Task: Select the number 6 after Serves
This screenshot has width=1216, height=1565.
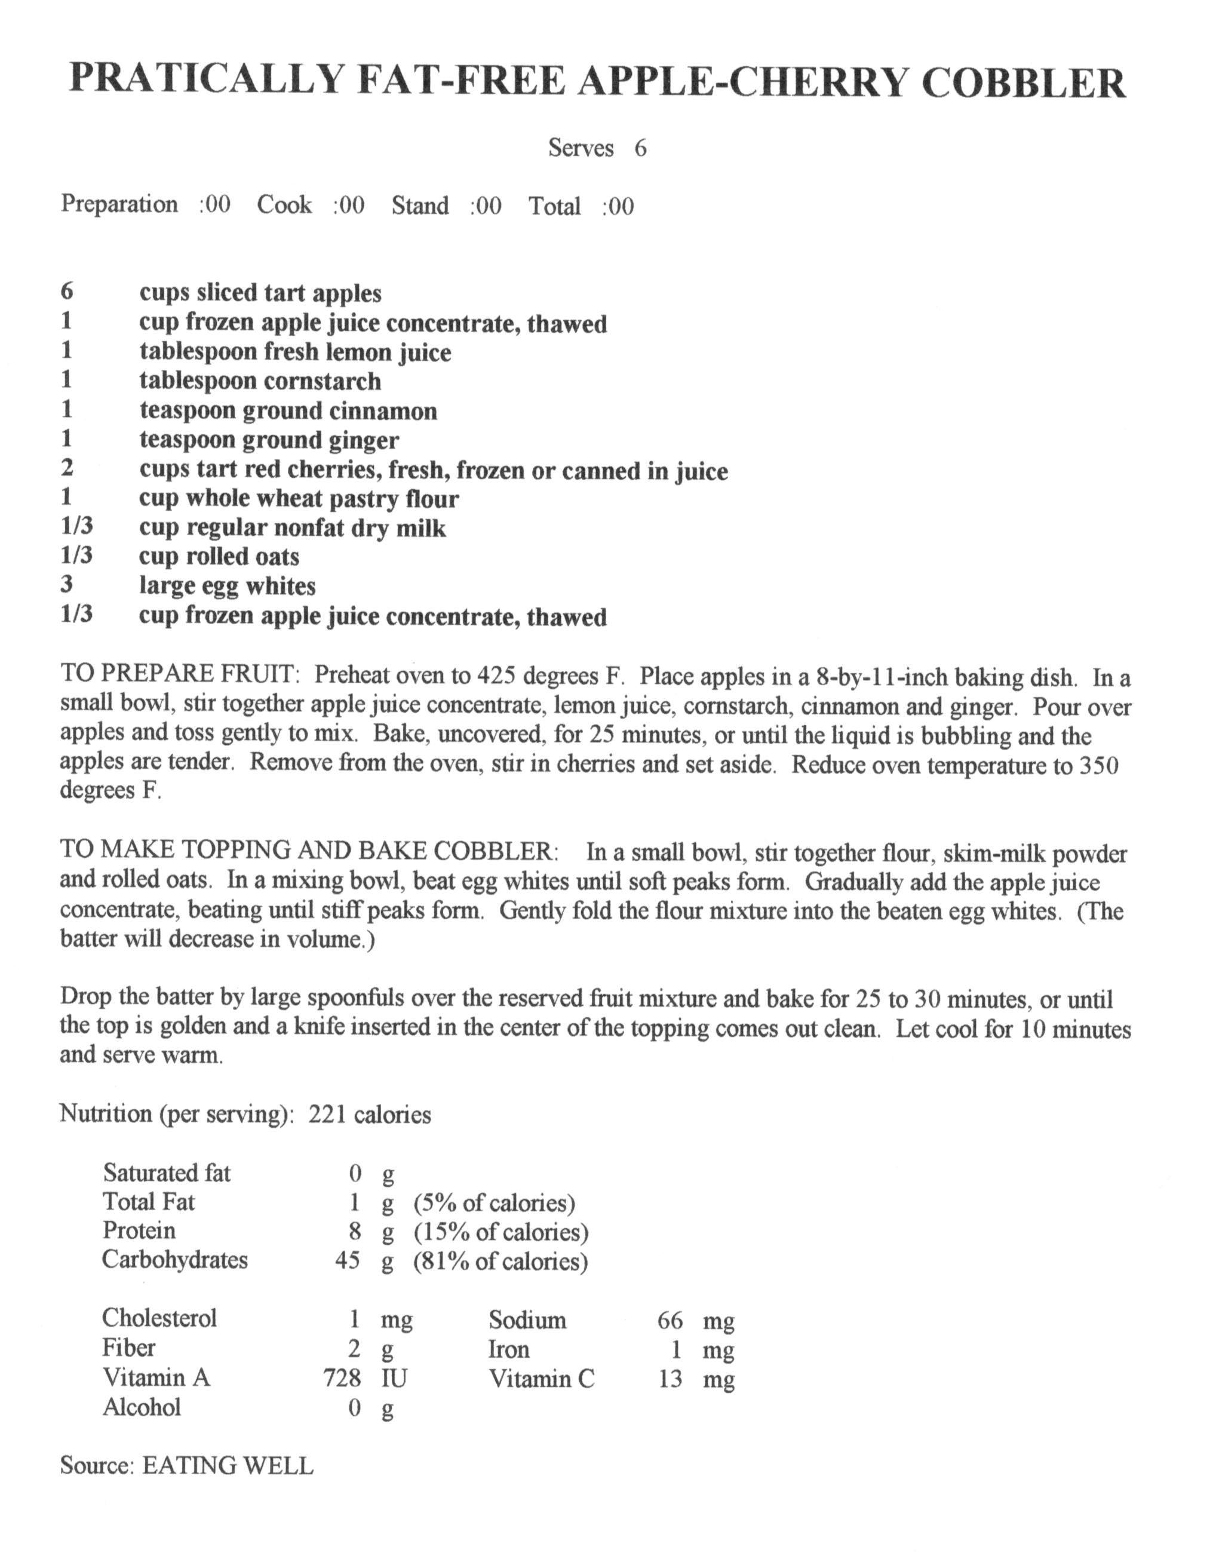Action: (640, 148)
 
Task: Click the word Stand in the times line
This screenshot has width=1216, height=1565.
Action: (420, 205)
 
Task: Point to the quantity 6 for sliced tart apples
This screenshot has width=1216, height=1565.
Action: (67, 291)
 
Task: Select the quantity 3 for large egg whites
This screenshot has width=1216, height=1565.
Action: (67, 585)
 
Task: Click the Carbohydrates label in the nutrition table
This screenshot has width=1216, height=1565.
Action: (175, 1259)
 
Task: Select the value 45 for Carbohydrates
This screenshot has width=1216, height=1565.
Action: (348, 1260)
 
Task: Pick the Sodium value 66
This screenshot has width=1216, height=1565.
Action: (670, 1320)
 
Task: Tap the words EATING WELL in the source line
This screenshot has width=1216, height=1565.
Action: (228, 1465)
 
